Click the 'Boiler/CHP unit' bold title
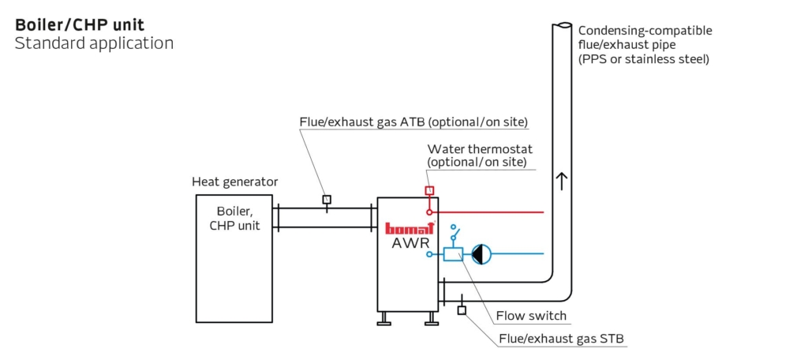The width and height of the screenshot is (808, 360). click(80, 24)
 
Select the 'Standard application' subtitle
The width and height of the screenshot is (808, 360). click(94, 43)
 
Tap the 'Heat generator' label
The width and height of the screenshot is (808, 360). click(235, 182)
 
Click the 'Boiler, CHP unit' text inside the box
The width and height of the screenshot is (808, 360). click(235, 219)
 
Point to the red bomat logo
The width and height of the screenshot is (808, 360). click(408, 228)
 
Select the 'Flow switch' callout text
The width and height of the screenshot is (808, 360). click(531, 317)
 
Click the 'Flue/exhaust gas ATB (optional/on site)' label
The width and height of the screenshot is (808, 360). click(413, 122)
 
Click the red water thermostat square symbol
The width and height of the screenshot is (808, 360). click(430, 190)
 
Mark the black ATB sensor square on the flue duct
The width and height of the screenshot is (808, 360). click(326, 199)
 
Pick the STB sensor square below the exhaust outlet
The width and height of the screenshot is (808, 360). click(462, 309)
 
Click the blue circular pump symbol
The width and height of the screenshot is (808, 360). click(481, 253)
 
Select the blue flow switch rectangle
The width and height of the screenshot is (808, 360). click(453, 253)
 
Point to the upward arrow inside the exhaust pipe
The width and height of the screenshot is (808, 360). click(561, 181)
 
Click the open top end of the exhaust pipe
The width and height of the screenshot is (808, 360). click(561, 26)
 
